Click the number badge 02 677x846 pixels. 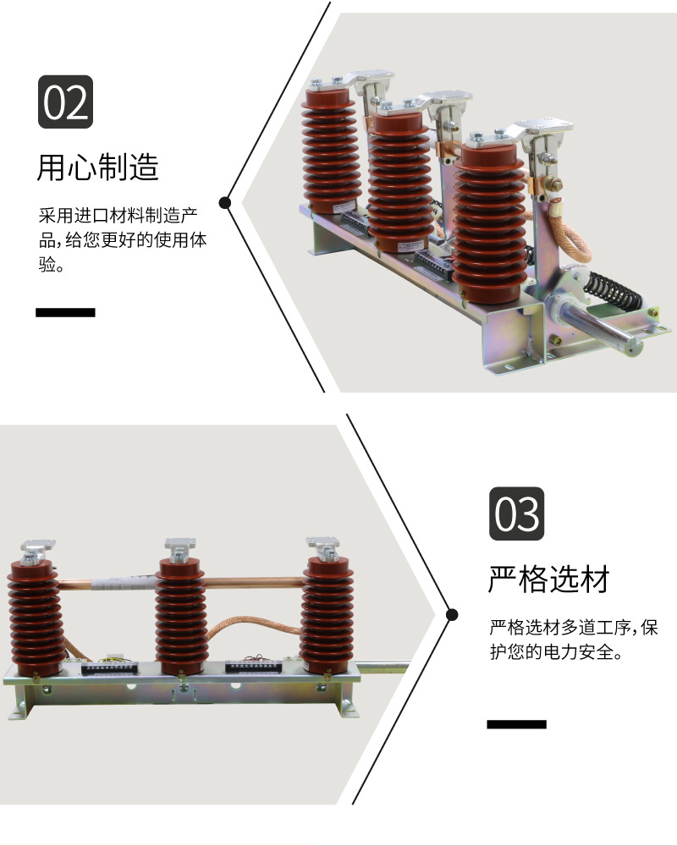[66, 102]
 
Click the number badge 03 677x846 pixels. [516, 514]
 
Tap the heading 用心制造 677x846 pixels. [97, 167]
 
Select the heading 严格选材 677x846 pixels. [548, 580]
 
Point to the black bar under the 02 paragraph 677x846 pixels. [65, 312]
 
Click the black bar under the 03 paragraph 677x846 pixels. [516, 724]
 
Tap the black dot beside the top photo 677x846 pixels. [225, 202]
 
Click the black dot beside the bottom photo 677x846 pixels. [452, 614]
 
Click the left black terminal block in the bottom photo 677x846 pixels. [110, 669]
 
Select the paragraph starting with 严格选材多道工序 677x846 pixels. [573, 640]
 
